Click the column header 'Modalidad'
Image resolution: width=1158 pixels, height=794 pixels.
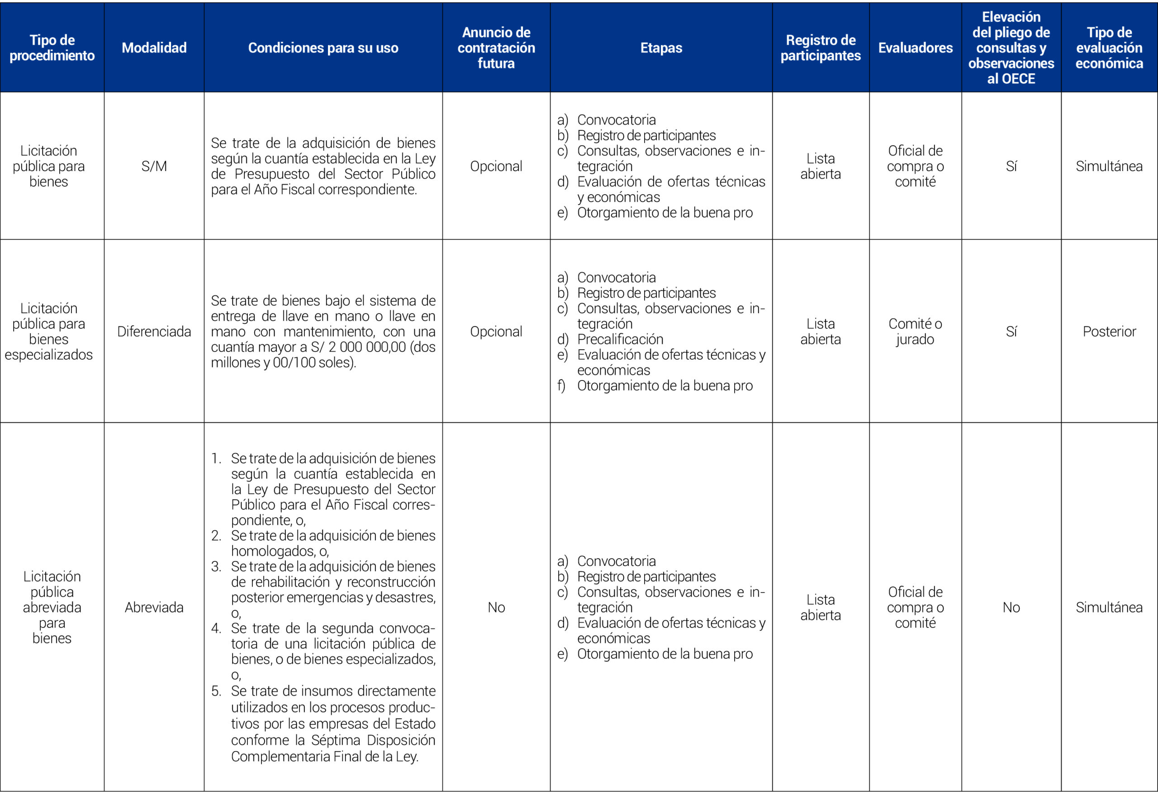click(x=154, y=48)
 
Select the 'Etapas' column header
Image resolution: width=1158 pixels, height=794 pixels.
click(x=661, y=48)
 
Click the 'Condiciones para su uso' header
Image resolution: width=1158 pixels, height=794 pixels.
click(x=323, y=48)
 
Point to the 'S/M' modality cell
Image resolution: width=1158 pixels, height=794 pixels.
click(x=154, y=166)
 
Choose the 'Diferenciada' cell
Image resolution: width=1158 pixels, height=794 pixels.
click(x=154, y=332)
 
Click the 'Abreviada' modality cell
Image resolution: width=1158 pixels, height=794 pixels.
click(x=154, y=607)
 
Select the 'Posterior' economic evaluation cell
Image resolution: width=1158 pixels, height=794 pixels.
click(x=1109, y=332)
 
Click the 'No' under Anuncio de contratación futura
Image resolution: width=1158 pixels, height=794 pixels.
click(x=496, y=607)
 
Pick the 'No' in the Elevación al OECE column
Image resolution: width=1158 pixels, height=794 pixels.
click(x=1011, y=607)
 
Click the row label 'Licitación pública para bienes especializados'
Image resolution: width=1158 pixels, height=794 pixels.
click(x=49, y=332)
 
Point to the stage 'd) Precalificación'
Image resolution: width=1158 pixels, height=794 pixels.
click(x=620, y=339)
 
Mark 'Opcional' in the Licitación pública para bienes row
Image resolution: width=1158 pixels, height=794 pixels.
click(x=496, y=166)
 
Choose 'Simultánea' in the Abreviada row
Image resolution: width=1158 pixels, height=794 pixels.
click(x=1109, y=607)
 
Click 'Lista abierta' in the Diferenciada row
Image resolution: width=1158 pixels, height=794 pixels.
click(x=820, y=332)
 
